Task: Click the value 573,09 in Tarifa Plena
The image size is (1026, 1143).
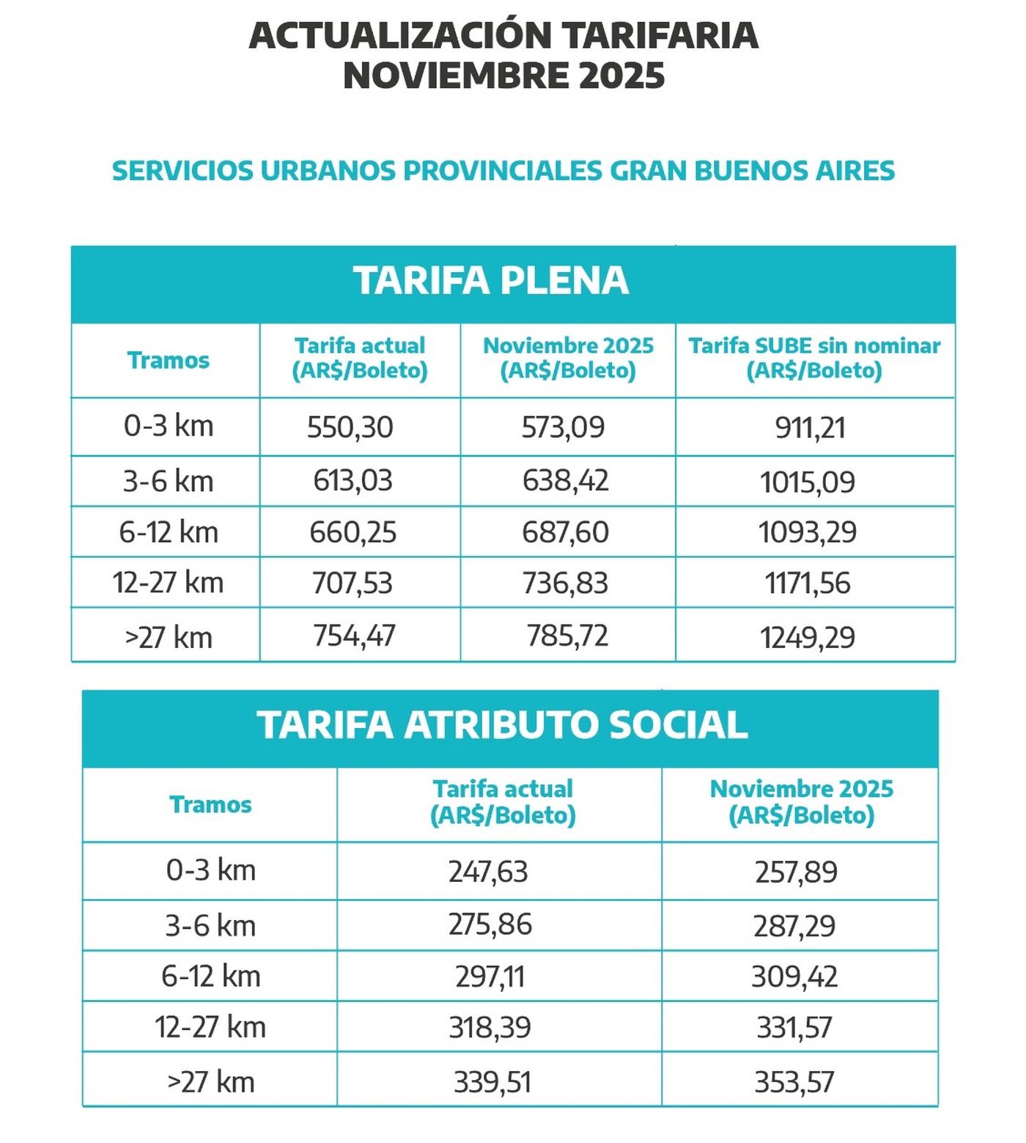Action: point(563,427)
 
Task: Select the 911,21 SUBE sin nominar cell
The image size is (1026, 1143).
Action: point(810,427)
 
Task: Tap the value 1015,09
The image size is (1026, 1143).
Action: point(807,482)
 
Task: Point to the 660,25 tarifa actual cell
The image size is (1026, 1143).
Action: point(353,532)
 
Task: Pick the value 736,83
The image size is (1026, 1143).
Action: point(565,583)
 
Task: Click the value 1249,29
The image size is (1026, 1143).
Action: point(807,637)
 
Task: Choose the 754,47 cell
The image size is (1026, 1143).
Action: point(354,636)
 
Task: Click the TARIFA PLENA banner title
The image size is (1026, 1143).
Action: point(491,281)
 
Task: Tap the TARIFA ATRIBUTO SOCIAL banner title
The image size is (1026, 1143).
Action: point(502,725)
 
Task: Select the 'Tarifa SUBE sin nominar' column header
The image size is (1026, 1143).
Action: point(813,358)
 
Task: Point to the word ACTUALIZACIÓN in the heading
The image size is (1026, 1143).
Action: point(400,35)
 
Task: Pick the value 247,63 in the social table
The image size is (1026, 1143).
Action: point(488,871)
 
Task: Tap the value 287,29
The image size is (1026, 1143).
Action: point(794,926)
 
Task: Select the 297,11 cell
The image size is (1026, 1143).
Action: point(490,977)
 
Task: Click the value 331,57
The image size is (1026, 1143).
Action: point(794,1027)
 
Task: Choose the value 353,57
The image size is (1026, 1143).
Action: point(794,1082)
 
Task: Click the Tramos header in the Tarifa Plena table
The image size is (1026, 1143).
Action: point(168,360)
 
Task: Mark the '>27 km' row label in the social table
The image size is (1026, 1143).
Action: point(211,1082)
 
